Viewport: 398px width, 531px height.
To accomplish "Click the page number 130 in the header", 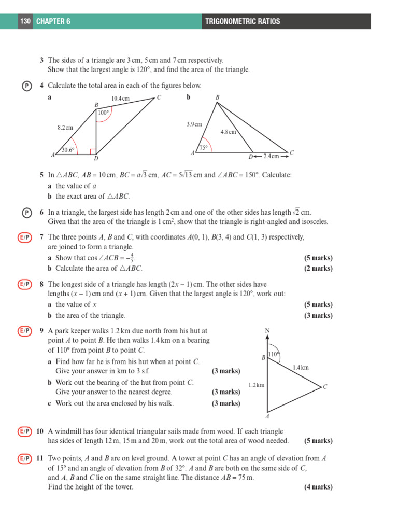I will (x=25, y=21).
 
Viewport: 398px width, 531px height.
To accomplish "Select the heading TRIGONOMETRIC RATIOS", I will (x=243, y=21).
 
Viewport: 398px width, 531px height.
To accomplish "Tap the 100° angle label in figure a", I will (x=104, y=113).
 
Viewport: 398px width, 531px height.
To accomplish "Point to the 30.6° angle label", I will (x=68, y=150).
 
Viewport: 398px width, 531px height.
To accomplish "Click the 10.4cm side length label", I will (x=120, y=99).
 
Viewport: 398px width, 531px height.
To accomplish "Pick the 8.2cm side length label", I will (x=65, y=127).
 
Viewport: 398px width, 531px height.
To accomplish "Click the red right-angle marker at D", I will (x=93, y=152).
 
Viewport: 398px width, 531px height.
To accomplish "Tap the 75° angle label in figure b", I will (x=204, y=148).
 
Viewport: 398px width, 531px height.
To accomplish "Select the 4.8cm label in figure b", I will (x=228, y=132).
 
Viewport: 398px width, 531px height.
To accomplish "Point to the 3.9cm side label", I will (x=194, y=124).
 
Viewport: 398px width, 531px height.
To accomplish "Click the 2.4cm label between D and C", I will (x=271, y=156).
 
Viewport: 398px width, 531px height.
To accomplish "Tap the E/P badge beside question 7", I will (x=24, y=237).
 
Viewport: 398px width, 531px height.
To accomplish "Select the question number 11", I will (x=40, y=458).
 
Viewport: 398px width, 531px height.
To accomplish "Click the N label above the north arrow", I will (x=267, y=330).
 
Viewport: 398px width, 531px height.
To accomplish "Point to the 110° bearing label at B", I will (x=273, y=355).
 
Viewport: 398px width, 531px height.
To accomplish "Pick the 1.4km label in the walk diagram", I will (x=301, y=368).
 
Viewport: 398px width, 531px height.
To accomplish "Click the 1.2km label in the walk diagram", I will (x=256, y=385).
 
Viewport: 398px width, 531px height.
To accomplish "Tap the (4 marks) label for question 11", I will (x=318, y=487).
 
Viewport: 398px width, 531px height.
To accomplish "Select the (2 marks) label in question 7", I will (x=318, y=269).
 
